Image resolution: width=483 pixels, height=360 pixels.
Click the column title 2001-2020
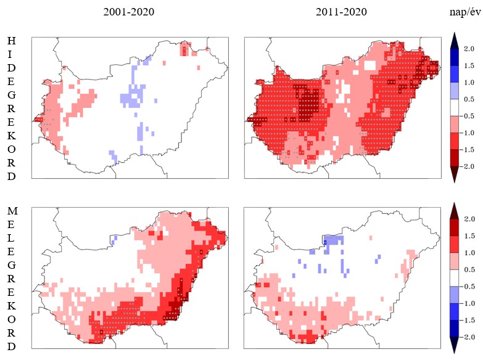(129, 12)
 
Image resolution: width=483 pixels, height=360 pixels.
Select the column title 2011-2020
(341, 12)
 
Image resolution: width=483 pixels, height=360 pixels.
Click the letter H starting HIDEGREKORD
(12, 41)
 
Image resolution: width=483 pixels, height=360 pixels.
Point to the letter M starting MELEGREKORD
(12, 211)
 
